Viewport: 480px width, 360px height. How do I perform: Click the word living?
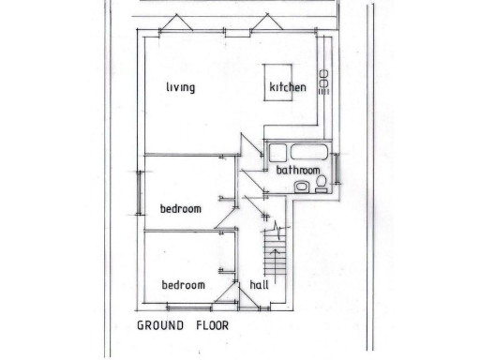[x=180, y=88]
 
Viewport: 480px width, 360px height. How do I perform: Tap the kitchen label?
[x=288, y=88]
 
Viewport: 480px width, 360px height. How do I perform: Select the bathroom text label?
[x=299, y=171]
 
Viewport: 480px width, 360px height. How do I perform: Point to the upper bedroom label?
[x=180, y=208]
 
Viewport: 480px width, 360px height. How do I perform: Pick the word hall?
[x=260, y=285]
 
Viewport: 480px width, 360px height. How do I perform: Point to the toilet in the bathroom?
[x=322, y=184]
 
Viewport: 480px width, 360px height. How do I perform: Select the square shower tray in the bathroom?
[x=277, y=153]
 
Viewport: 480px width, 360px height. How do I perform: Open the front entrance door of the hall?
[x=249, y=299]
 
